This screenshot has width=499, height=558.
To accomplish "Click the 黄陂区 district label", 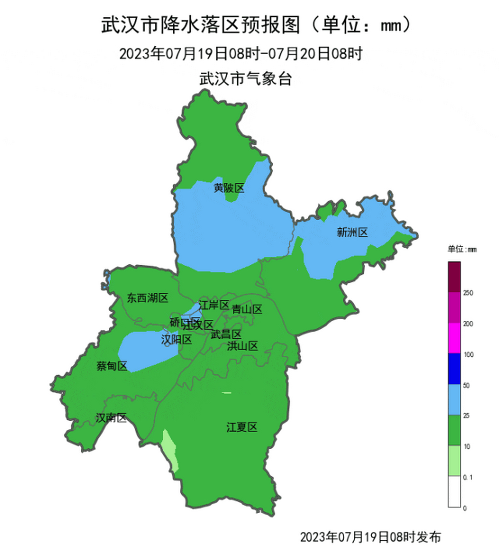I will [x=229, y=188].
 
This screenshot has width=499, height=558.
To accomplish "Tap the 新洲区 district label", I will [x=352, y=232].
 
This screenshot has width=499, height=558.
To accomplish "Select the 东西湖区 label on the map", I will [x=147, y=298].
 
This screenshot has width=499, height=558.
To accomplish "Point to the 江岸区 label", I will [x=214, y=305].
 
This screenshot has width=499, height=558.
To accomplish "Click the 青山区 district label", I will [x=247, y=310].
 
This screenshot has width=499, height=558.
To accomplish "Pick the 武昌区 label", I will [x=226, y=334].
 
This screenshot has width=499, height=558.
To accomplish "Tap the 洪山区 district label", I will [x=243, y=346].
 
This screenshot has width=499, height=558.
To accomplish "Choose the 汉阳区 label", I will [x=176, y=339].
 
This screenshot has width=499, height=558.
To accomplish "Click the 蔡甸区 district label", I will [x=112, y=366].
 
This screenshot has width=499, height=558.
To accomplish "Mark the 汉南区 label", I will [x=111, y=418].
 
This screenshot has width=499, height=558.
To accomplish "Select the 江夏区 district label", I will [x=242, y=427].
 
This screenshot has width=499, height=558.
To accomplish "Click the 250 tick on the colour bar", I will [x=468, y=293].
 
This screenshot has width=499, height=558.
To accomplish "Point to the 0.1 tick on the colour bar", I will [x=468, y=477].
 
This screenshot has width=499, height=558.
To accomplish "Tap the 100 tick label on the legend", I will [x=468, y=354].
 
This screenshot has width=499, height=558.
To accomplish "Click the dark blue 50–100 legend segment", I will [x=454, y=368].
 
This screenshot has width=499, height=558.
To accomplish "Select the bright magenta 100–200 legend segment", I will [x=454, y=338].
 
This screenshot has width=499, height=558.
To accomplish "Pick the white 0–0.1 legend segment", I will [x=454, y=492].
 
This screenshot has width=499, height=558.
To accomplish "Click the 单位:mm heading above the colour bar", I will [x=462, y=249].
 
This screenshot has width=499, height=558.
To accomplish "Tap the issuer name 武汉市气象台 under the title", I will [x=245, y=79].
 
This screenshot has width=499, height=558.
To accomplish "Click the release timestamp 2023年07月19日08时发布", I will [x=370, y=537].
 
